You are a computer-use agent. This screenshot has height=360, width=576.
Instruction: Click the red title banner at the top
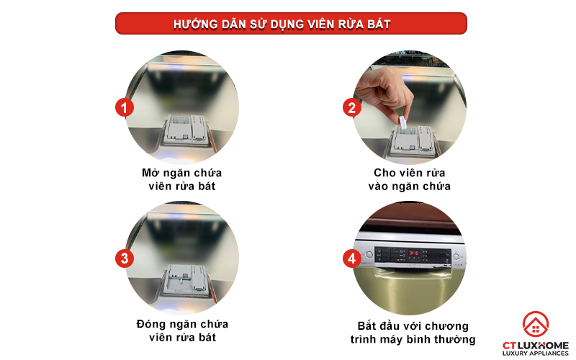[x=291, y=23]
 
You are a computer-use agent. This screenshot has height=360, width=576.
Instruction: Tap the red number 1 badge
[x=126, y=108]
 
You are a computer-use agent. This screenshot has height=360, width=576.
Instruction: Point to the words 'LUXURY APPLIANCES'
[x=535, y=354]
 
